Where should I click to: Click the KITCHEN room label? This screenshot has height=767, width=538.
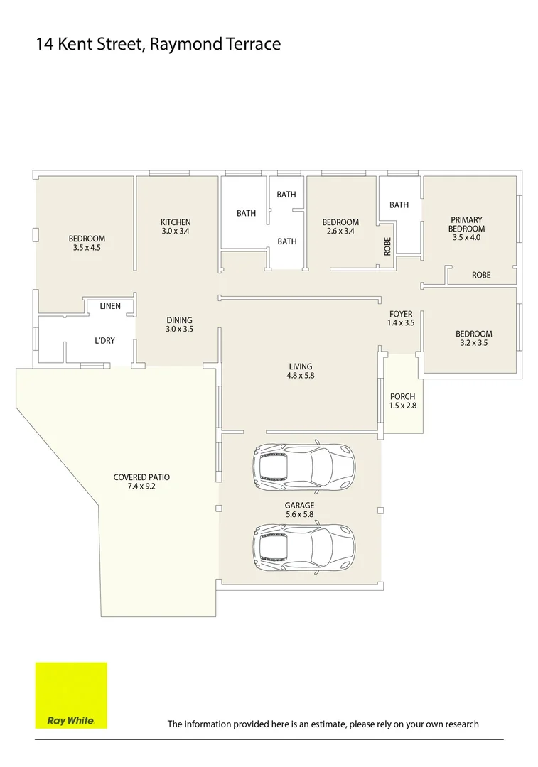pos(176,222)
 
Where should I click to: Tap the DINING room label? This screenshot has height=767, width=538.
pos(179,320)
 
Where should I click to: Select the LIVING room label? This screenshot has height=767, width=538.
pos(301,366)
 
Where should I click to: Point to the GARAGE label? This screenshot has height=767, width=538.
pos(299,506)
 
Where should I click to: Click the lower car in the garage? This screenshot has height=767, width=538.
pos(304,547)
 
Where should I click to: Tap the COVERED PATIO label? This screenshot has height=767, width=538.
pos(141,477)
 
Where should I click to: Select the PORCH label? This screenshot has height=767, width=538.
pos(402,397)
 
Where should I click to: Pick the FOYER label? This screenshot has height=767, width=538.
pos(401,314)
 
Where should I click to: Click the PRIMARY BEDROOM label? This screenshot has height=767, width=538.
pos(466,224)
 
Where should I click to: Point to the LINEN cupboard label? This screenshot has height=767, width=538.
pos(109,306)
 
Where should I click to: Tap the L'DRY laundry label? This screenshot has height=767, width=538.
pos(104,341)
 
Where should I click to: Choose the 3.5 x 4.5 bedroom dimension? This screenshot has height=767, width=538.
pos(87,248)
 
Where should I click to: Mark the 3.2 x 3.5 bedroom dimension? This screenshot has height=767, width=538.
pos(473,343)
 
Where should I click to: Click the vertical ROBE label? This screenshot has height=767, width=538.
pos(387,246)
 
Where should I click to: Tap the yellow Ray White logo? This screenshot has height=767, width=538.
pos(71,695)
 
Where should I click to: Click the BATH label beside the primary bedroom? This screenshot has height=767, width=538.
pos(399,205)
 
